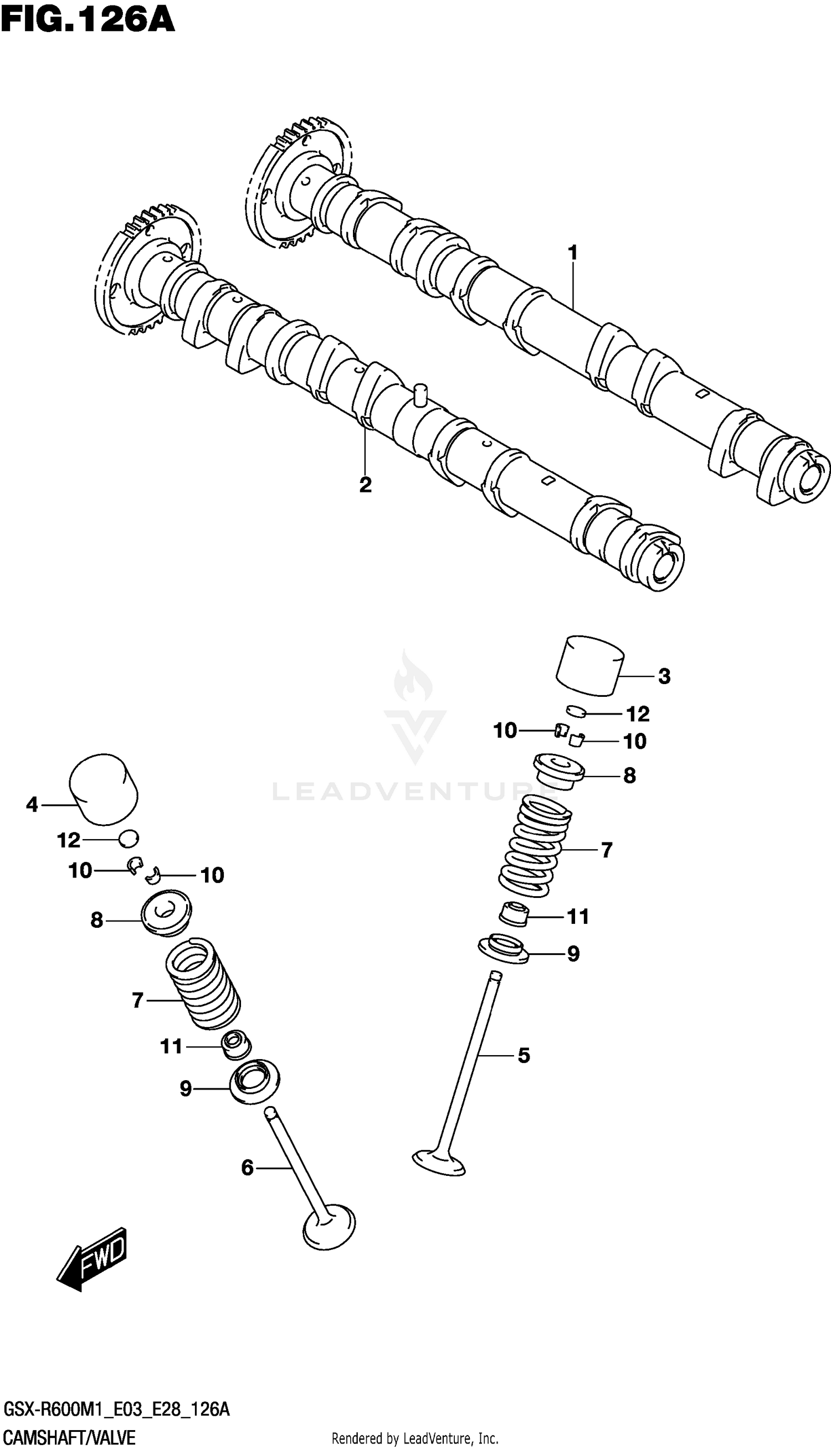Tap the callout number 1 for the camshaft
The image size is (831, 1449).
(572, 253)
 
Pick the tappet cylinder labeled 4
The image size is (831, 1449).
(104, 789)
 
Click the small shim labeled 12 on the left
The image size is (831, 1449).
(129, 838)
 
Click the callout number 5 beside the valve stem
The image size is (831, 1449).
(524, 1055)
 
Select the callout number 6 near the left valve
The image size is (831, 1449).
(247, 1168)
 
